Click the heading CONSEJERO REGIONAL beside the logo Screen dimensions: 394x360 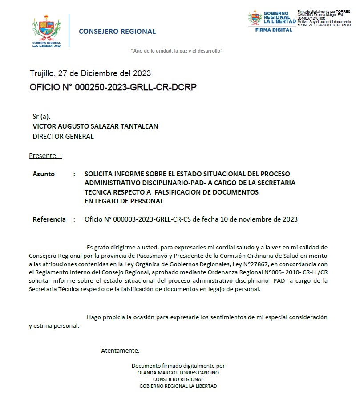point(117,32)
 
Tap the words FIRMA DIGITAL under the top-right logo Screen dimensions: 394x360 point(274,30)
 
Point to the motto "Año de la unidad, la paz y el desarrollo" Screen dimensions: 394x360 point(177,51)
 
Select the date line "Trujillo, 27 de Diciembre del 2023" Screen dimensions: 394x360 point(90,73)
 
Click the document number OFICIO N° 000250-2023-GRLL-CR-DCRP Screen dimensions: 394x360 point(113,87)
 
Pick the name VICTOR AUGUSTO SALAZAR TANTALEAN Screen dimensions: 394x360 point(95,126)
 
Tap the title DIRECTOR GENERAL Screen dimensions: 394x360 point(63,137)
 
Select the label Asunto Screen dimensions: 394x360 point(44,174)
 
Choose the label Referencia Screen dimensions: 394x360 point(49,219)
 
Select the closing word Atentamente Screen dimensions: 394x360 point(120,350)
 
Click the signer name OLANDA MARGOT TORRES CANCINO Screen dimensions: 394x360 point(178,373)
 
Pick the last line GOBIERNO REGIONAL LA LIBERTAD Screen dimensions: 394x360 point(178,386)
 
